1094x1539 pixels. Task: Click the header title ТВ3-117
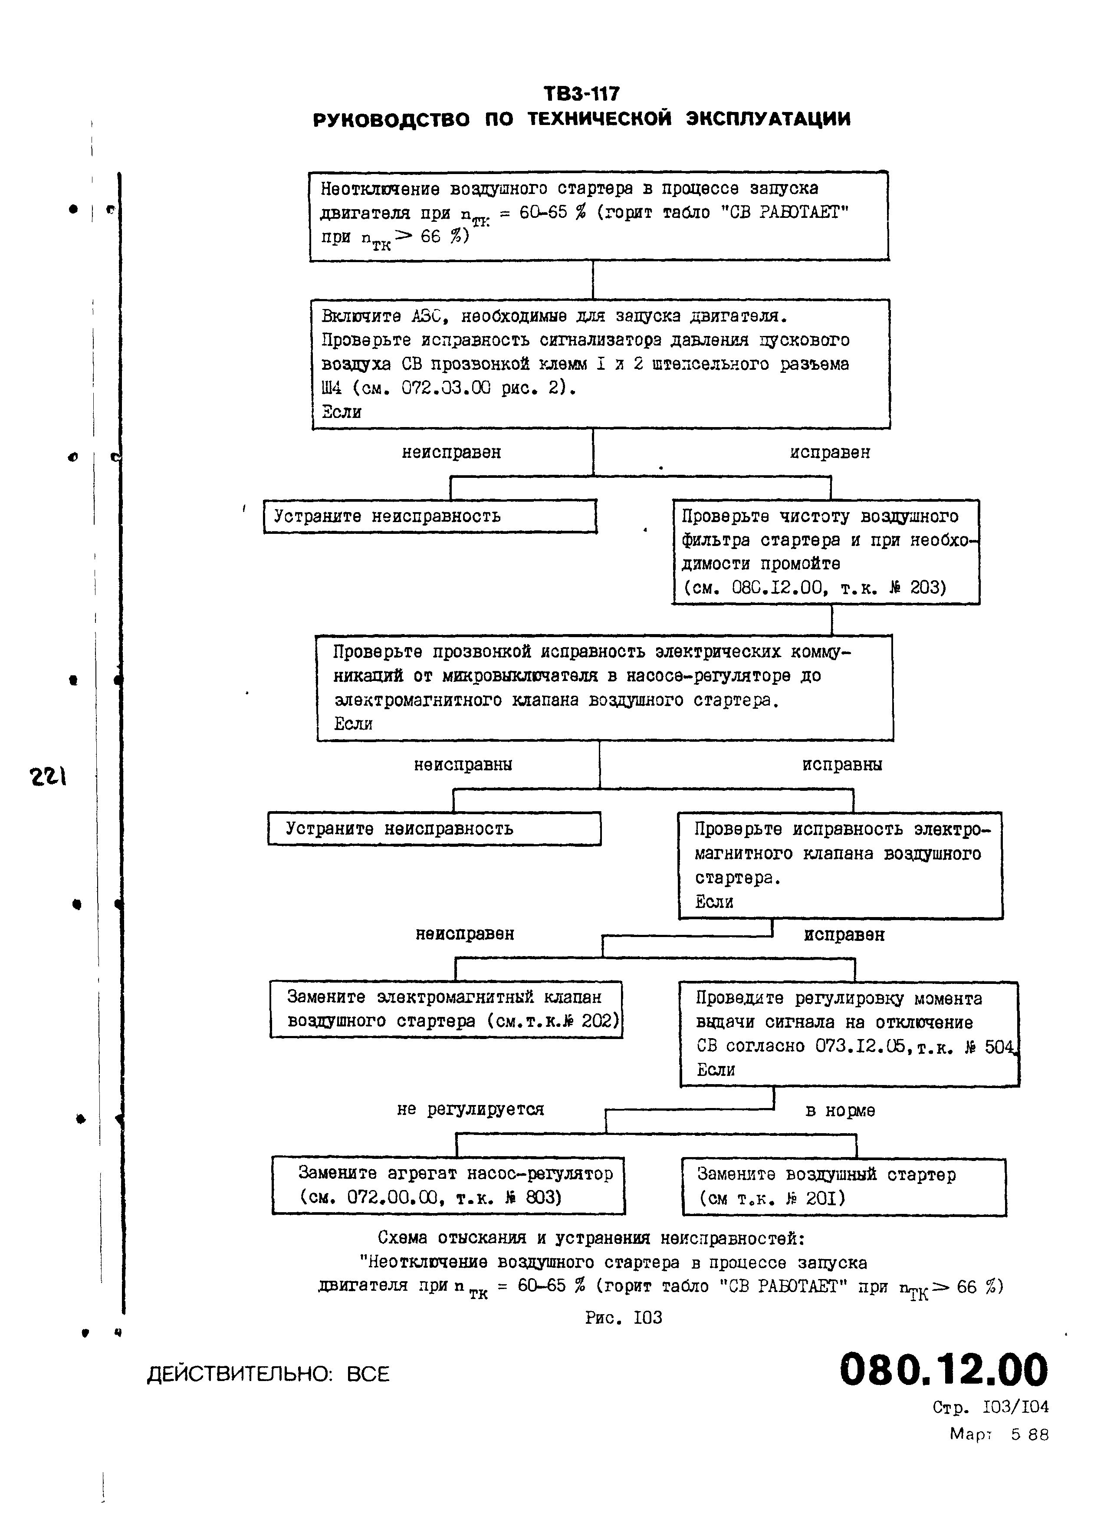(x=581, y=93)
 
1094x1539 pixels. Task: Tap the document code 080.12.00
(x=943, y=1370)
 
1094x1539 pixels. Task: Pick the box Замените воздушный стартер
(x=844, y=1187)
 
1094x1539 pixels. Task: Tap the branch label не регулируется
(x=470, y=1109)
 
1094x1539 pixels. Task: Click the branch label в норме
(x=840, y=1111)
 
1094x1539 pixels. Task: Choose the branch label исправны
(x=842, y=765)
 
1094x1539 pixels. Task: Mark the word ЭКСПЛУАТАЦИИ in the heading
(x=768, y=119)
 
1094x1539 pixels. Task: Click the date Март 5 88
(x=999, y=1434)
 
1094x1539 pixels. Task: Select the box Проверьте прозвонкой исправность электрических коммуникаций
(x=605, y=687)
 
